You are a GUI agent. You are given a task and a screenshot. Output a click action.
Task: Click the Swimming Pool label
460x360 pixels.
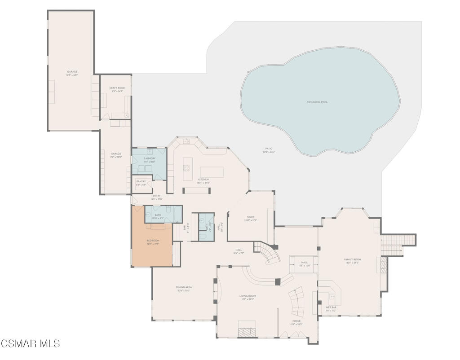pyautogui.click(x=317, y=102)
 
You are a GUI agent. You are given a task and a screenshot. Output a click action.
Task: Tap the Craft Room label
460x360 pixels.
pyautogui.click(x=117, y=88)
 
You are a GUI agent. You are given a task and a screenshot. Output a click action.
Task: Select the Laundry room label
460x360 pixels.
pyautogui.click(x=150, y=158)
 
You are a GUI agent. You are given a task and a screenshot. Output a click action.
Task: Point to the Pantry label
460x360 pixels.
pyautogui.click(x=141, y=182)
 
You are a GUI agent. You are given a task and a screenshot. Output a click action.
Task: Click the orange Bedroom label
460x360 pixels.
pyautogui.click(x=153, y=241)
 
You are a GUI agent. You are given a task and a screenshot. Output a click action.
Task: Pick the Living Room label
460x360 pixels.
pyautogui.click(x=248, y=296)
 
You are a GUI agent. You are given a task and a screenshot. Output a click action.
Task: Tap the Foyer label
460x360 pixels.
pyautogui.click(x=296, y=321)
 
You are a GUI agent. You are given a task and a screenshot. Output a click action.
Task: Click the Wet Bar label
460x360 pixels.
pyautogui.click(x=331, y=307)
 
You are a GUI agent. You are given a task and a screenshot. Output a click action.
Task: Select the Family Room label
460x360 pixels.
pyautogui.click(x=353, y=260)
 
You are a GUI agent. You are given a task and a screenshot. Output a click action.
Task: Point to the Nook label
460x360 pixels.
pyautogui.click(x=250, y=217)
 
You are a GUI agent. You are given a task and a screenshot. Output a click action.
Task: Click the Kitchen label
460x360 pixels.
pyautogui.click(x=203, y=180)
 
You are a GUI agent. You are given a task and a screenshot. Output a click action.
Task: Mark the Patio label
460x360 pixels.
pyautogui.click(x=269, y=149)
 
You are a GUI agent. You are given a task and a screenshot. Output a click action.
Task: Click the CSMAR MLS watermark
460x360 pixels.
pyautogui.click(x=30, y=343)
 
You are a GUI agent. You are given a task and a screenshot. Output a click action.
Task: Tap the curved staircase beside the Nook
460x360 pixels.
pyautogui.click(x=269, y=254)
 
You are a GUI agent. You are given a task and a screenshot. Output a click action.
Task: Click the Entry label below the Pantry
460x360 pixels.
pyautogui.click(x=156, y=196)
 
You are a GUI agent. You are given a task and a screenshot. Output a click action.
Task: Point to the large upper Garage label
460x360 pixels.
pyautogui.click(x=72, y=72)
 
